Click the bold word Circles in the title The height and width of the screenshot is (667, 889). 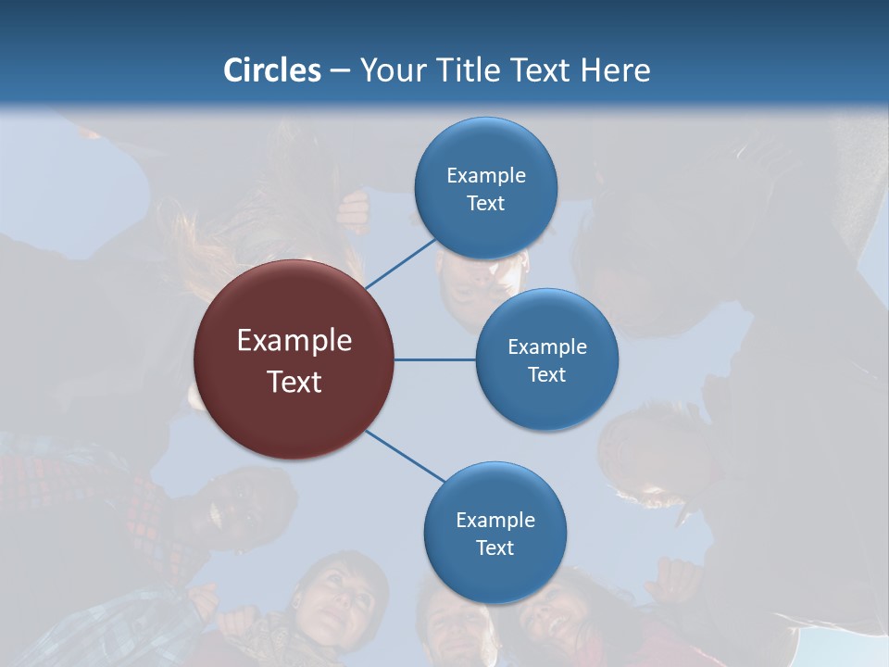coord(272,70)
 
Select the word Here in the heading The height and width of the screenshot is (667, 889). coord(615,70)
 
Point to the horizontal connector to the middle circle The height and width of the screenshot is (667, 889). coord(434,359)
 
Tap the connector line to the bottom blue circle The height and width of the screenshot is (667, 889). coord(405,456)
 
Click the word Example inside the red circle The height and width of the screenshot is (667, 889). coord(294,341)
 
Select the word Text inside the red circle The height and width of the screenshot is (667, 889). coord(294,382)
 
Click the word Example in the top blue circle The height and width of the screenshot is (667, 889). coord(486,175)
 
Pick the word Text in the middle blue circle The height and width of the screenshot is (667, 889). coord(547,375)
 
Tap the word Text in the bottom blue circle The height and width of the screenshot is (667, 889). coord(495,548)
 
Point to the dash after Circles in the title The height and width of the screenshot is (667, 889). coord(340,70)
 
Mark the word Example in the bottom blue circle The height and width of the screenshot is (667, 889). coord(495,521)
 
